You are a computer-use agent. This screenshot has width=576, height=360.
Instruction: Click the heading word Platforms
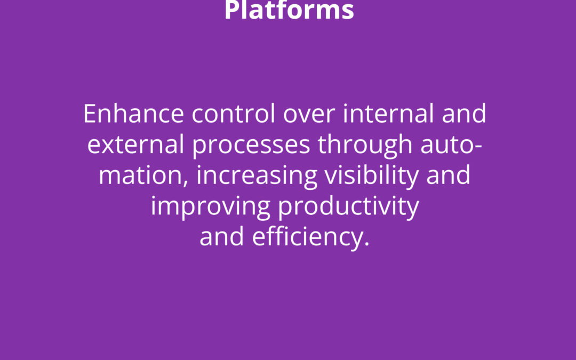[289, 10]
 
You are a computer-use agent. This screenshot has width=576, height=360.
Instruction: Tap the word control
[233, 114]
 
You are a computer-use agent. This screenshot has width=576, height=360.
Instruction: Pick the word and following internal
[464, 114]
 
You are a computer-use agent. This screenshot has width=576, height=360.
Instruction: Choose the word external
[135, 145]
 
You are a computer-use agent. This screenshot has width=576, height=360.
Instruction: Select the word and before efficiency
[221, 237]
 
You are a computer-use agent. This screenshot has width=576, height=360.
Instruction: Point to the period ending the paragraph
[366, 244]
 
